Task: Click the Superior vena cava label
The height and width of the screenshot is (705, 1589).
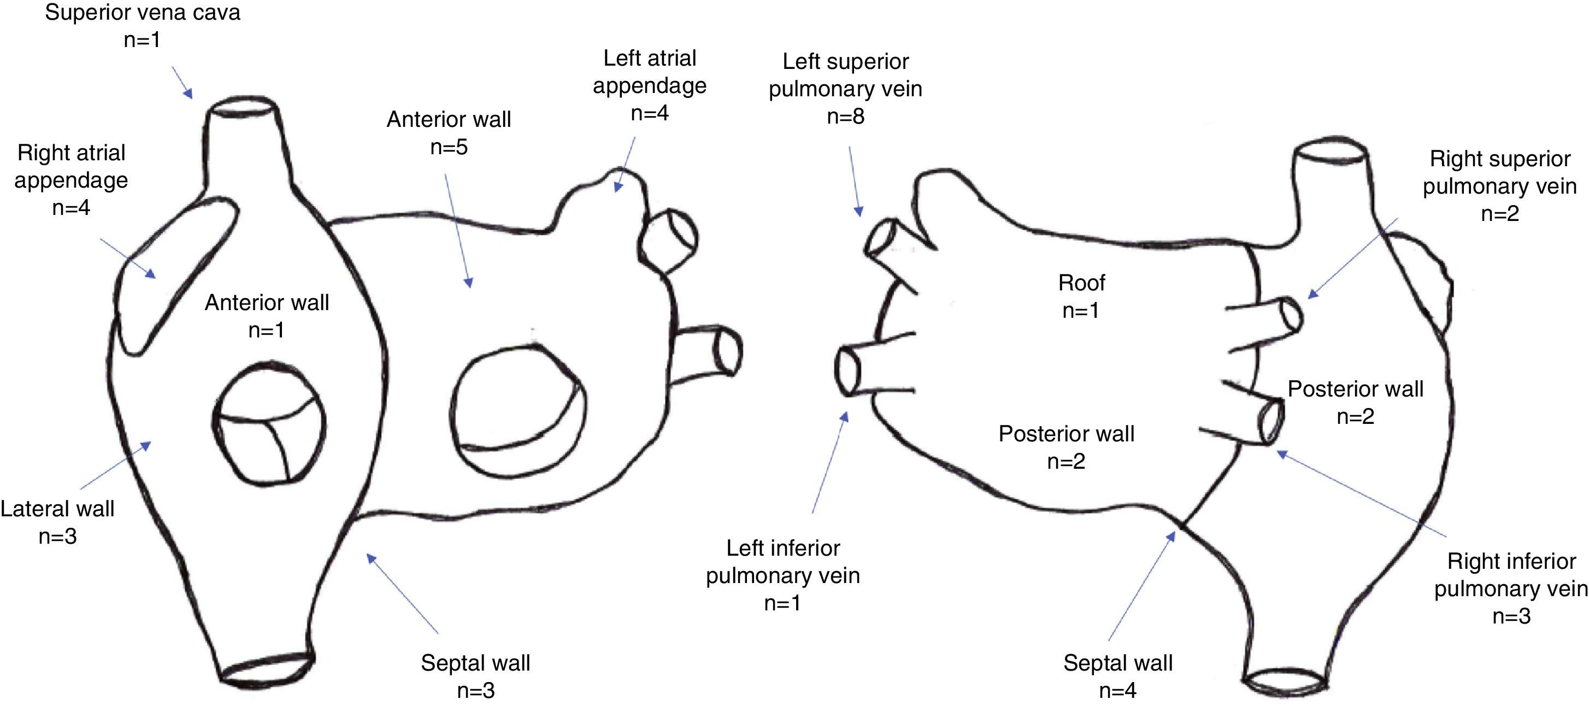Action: (x=143, y=13)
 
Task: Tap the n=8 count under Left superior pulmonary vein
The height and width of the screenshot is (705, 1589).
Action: (x=845, y=116)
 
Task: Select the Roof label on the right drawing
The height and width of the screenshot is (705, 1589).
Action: (x=1081, y=283)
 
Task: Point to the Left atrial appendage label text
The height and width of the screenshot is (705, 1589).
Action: (x=650, y=72)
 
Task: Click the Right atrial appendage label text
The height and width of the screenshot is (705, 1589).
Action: (x=72, y=166)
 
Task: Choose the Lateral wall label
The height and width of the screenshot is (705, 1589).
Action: (x=57, y=509)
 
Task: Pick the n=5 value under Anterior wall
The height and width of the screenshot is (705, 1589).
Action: (x=449, y=147)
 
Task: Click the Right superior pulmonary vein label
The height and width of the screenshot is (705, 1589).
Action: (x=1499, y=172)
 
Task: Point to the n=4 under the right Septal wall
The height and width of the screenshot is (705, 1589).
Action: (x=1118, y=690)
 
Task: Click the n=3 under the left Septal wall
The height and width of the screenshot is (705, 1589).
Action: (x=475, y=690)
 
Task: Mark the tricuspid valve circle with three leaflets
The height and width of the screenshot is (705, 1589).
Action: (x=269, y=423)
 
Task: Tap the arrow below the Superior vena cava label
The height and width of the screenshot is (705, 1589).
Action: (x=182, y=83)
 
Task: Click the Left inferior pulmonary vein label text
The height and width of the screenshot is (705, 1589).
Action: (x=783, y=561)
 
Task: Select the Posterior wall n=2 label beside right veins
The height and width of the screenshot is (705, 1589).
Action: (x=1355, y=402)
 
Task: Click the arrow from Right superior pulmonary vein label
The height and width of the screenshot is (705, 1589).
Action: (x=1352, y=258)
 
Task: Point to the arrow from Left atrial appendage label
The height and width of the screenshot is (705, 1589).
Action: (x=625, y=164)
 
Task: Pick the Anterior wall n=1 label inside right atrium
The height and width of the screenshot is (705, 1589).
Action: (x=267, y=316)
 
